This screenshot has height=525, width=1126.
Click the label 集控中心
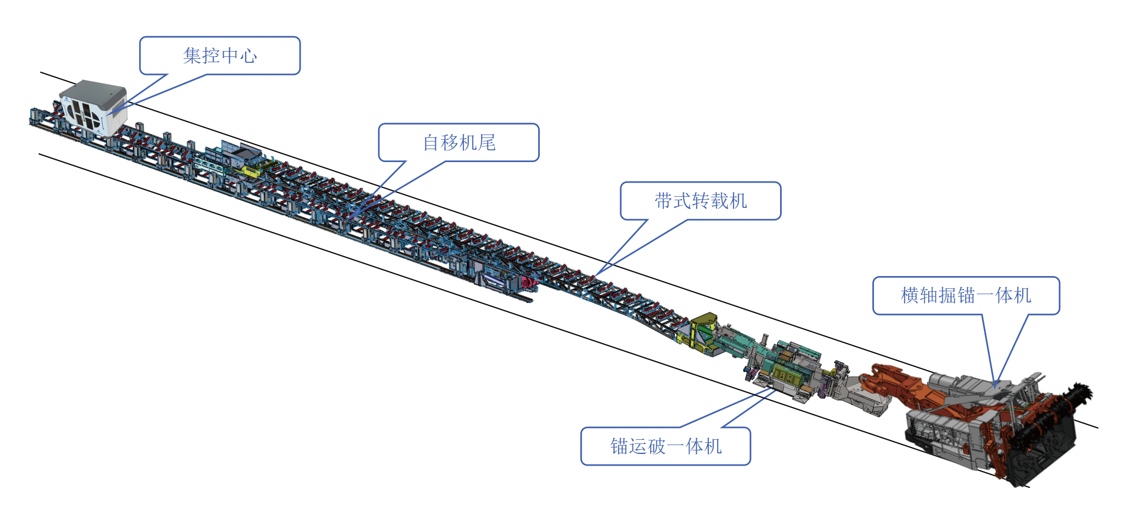220,56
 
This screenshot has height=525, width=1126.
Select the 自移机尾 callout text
459,143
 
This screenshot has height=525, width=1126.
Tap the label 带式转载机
701,201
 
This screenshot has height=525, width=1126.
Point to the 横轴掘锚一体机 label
966,295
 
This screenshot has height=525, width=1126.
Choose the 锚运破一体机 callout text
666,446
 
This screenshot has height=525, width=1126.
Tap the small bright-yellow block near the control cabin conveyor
249,171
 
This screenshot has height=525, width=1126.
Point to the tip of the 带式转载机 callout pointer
594,275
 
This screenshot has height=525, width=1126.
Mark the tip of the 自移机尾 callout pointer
349,218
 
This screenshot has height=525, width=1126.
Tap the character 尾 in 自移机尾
488,143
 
